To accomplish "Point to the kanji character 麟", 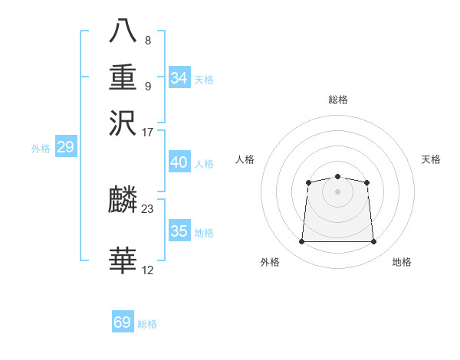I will pyautogui.click(x=123, y=201).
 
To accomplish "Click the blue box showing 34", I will pyautogui.click(x=179, y=78).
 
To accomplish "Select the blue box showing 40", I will pyautogui.click(x=179, y=163).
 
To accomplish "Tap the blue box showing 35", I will pyautogui.click(x=179, y=231).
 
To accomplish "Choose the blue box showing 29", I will pyautogui.click(x=65, y=147).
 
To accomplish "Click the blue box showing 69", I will pyautogui.click(x=123, y=322).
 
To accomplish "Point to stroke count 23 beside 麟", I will pyautogui.click(x=148, y=208).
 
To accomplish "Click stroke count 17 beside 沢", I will pyautogui.click(x=148, y=131).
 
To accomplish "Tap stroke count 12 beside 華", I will pyautogui.click(x=148, y=270).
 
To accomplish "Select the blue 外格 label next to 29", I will pyautogui.click(x=40, y=149).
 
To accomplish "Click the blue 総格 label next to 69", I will pyautogui.click(x=147, y=324).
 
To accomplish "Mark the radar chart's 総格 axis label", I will pyautogui.click(x=337, y=100).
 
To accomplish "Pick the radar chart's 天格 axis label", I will pyautogui.click(x=432, y=159).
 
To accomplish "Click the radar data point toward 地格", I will pyautogui.click(x=374, y=242).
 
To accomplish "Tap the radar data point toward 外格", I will pyautogui.click(x=301, y=242).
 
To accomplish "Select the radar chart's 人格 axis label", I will pyautogui.click(x=245, y=159).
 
